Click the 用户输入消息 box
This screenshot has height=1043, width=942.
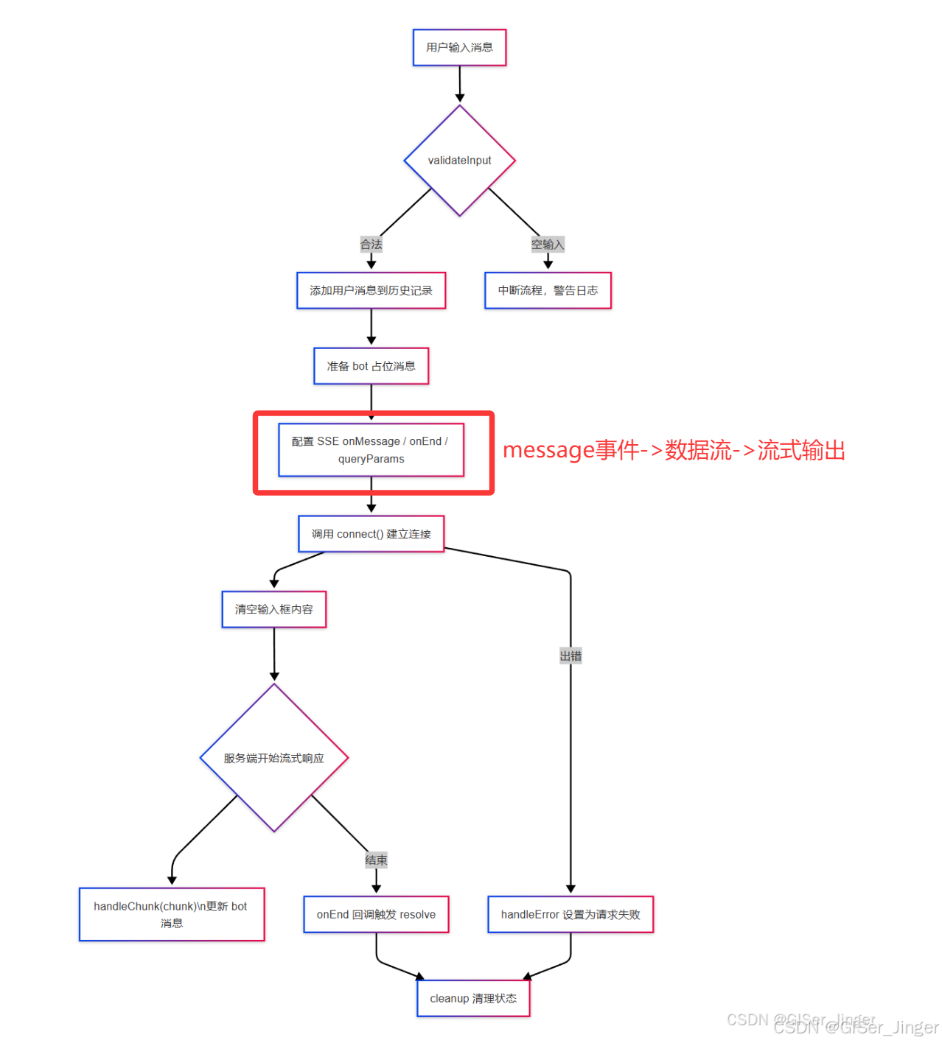tap(459, 48)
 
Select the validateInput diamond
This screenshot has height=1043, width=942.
tap(459, 161)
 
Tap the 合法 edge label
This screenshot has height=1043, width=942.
tap(371, 245)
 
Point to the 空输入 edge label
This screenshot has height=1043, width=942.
tap(548, 245)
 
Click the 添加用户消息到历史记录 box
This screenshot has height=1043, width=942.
tap(371, 291)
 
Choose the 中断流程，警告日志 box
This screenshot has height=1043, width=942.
tap(548, 291)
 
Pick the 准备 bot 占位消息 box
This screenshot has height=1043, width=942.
tap(371, 366)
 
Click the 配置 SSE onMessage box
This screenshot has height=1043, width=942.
tap(371, 450)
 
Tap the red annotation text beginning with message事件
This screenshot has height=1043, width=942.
tap(674, 450)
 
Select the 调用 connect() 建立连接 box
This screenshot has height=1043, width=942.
tap(371, 534)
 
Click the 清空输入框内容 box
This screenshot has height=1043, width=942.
tap(273, 609)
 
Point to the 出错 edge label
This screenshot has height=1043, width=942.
tap(571, 656)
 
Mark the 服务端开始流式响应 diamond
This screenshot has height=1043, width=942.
tap(273, 758)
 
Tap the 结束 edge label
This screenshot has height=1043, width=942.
tap(376, 860)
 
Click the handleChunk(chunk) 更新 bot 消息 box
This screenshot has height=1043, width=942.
tap(172, 914)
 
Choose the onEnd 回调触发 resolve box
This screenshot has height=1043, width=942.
tap(376, 914)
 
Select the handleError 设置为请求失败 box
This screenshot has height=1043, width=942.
tap(571, 914)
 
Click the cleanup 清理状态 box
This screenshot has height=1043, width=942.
tap(473, 999)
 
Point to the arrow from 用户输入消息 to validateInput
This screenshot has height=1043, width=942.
tap(459, 84)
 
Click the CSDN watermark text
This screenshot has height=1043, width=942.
tap(833, 1024)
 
